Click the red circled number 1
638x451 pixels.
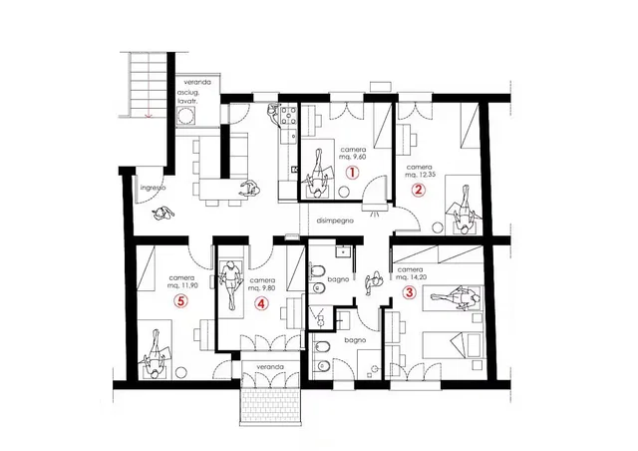(x=352, y=172)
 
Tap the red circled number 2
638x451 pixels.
(x=420, y=190)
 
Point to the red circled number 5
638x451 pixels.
(x=180, y=299)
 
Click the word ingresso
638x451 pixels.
(x=152, y=187)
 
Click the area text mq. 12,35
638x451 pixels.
(x=423, y=174)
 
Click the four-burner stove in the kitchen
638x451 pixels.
(x=289, y=118)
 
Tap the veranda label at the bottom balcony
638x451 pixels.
(x=269, y=368)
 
